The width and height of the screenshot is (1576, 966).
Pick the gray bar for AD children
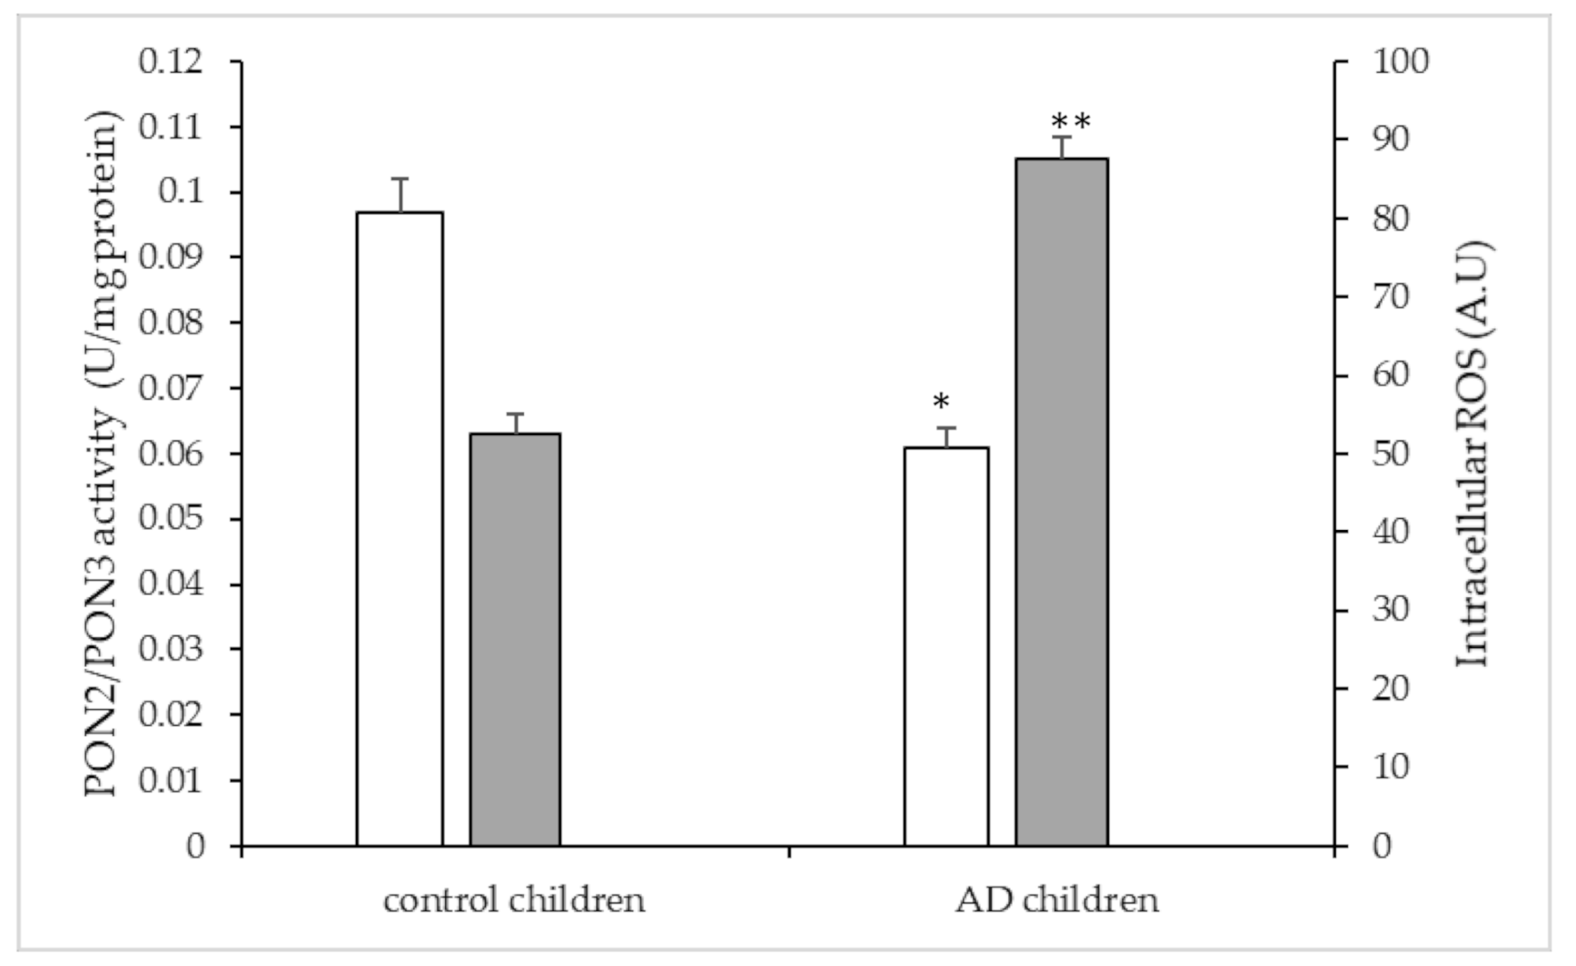point(1061,501)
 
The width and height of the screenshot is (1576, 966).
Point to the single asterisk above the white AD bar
point(941,402)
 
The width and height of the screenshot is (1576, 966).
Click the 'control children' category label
point(514,900)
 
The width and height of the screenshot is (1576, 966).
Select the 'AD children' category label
point(1056,900)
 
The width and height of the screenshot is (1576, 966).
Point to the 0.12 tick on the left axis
point(171,62)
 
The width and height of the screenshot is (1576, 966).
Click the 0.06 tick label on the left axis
point(171,454)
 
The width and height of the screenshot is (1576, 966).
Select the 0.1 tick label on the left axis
point(181,193)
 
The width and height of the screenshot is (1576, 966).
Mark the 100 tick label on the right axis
point(1401,61)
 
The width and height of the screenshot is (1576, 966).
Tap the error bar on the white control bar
point(399,194)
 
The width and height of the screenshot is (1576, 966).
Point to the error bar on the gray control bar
point(515,422)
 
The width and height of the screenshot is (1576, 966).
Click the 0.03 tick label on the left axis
point(171,649)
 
